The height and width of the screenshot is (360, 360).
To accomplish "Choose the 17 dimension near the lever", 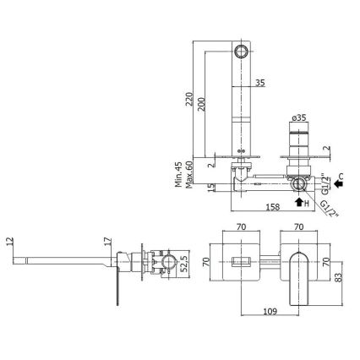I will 107,242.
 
